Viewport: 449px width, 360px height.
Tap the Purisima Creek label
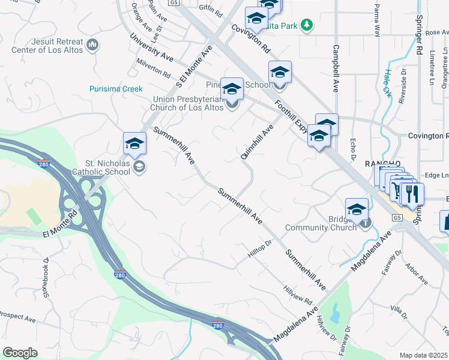pyautogui.click(x=116, y=89)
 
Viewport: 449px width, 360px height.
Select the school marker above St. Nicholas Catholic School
pyautogui.click(x=135, y=143)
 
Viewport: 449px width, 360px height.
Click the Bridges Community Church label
pyautogui.click(x=321, y=223)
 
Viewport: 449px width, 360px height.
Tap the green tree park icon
pyautogui.click(x=307, y=25)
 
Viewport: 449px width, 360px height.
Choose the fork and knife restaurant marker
pyautogui.click(x=411, y=194)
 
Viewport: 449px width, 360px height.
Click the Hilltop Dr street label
pyautogui.click(x=261, y=250)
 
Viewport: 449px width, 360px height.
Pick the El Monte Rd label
pyautogui.click(x=61, y=223)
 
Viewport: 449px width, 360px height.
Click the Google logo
pyautogui.click(x=20, y=352)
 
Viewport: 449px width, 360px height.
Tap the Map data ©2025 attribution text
pyautogui.click(x=424, y=355)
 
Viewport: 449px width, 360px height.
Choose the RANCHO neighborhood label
pyautogui.click(x=383, y=164)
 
